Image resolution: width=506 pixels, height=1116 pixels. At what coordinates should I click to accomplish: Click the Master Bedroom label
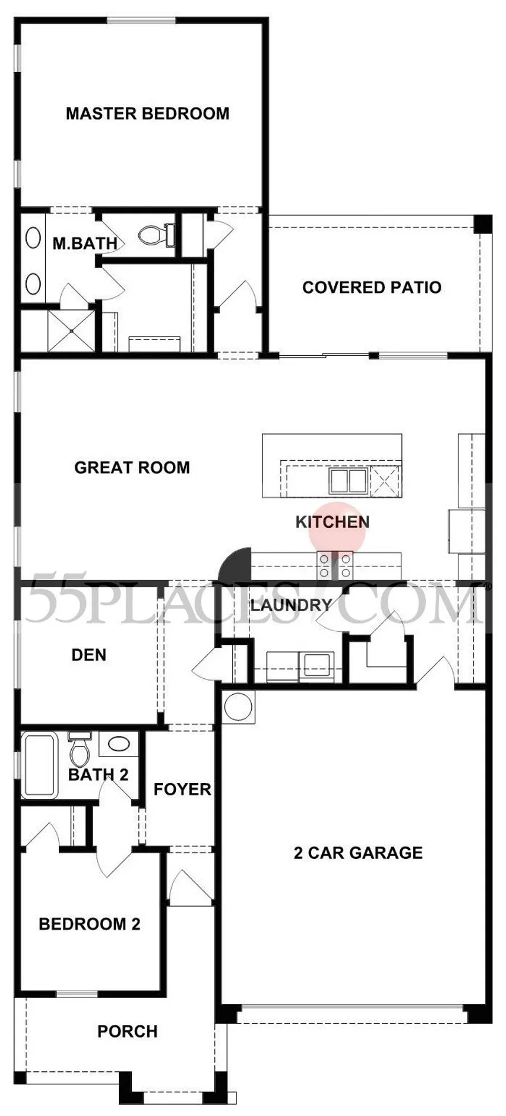pyautogui.click(x=148, y=114)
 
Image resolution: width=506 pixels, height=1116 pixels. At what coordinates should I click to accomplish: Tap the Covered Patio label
pyautogui.click(x=372, y=287)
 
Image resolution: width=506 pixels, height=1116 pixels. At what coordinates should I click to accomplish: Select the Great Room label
pyautogui.click(x=132, y=468)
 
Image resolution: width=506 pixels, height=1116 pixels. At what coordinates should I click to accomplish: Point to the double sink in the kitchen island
pyautogui.click(x=348, y=481)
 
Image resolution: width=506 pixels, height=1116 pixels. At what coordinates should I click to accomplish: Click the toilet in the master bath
pyautogui.click(x=157, y=235)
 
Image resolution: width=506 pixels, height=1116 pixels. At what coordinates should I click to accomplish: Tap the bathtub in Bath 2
pyautogui.click(x=39, y=765)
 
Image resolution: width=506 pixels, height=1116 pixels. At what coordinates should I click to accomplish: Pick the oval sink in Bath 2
pyautogui.click(x=119, y=744)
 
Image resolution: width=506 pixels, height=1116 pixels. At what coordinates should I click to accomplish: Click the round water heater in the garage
pyautogui.click(x=238, y=707)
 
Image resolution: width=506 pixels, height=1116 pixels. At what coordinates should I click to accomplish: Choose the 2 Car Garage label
pyautogui.click(x=358, y=853)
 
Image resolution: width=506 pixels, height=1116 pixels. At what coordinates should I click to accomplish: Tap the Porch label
pyautogui.click(x=128, y=1031)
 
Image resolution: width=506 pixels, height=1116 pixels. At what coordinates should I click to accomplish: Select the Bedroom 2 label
pyautogui.click(x=90, y=924)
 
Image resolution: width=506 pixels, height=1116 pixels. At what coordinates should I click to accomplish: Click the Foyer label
pyautogui.click(x=182, y=789)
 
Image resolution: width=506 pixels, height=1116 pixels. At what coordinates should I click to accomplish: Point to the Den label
pyautogui.click(x=89, y=655)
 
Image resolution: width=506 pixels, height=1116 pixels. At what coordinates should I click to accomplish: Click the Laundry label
pyautogui.click(x=291, y=605)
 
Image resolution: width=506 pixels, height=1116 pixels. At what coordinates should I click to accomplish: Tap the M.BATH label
pyautogui.click(x=85, y=243)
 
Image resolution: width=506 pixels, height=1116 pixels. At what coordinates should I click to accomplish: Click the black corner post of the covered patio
pyautogui.click(x=483, y=224)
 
